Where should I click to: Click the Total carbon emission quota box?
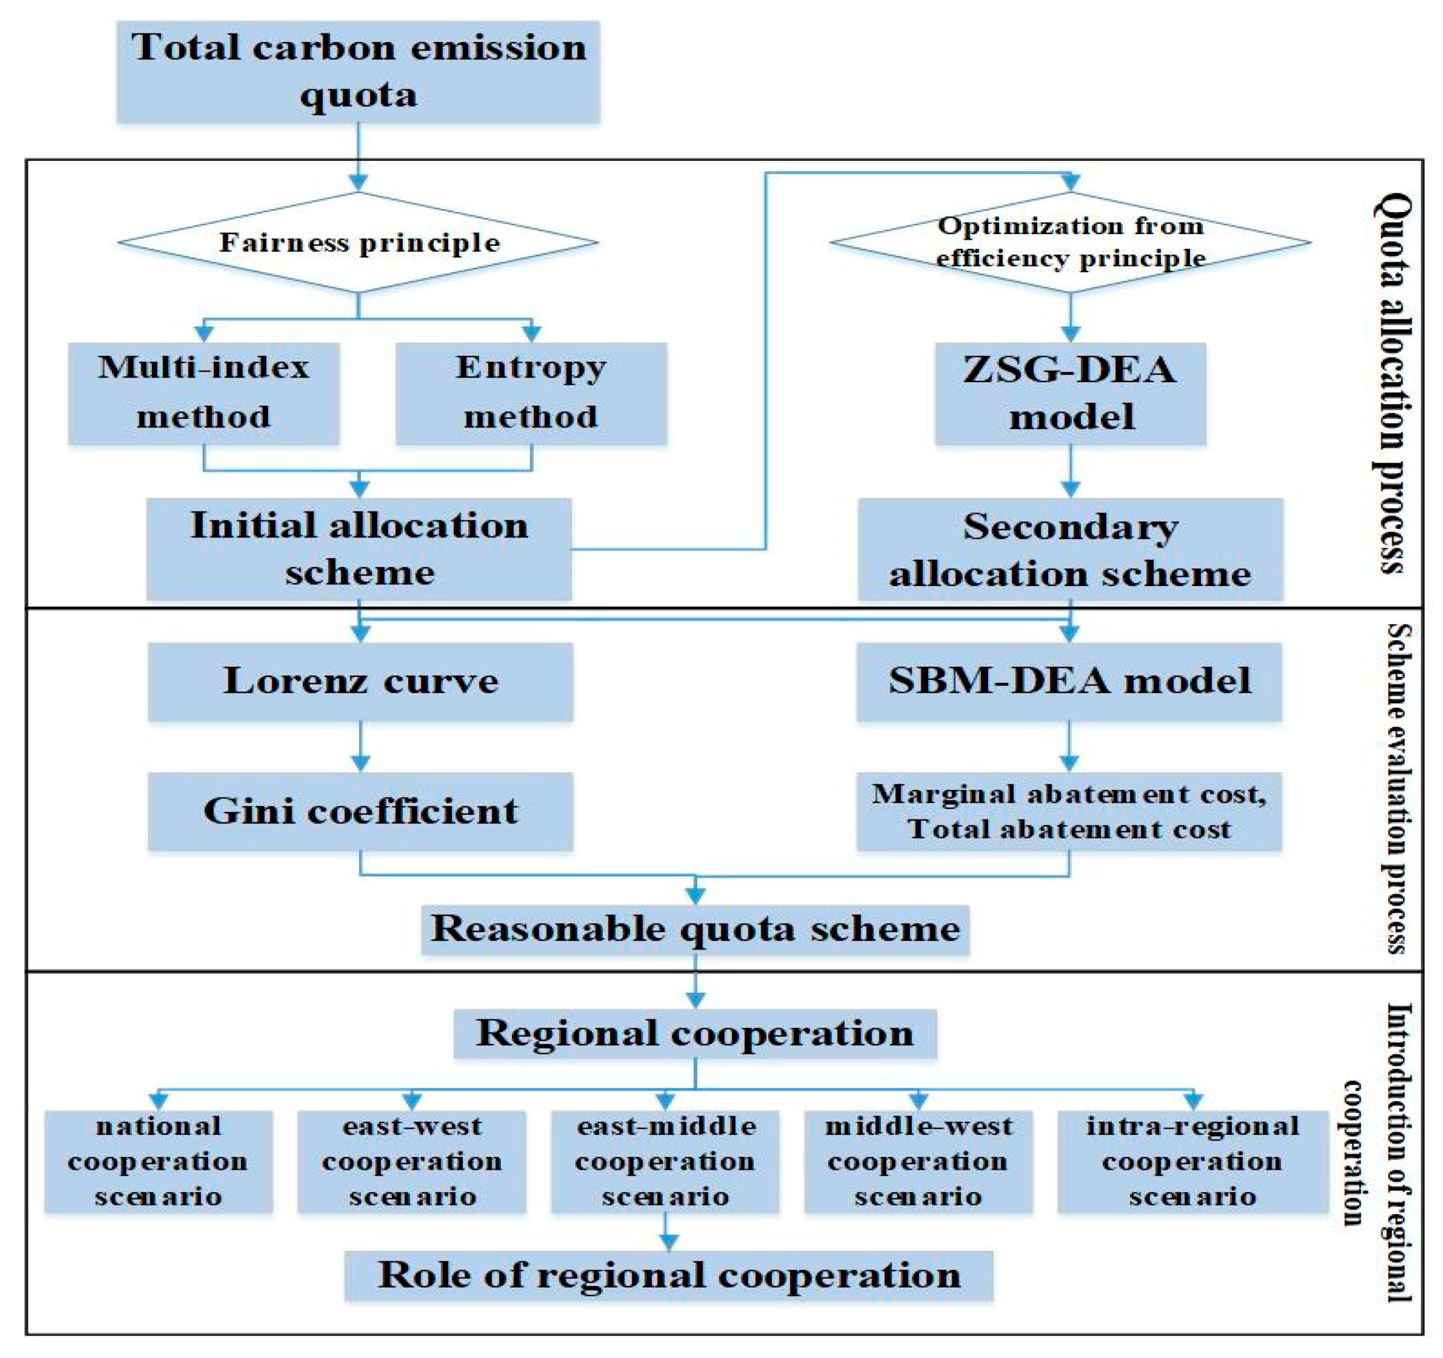click(x=358, y=71)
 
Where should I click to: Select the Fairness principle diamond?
click(x=358, y=242)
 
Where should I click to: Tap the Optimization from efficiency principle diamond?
click(x=1070, y=242)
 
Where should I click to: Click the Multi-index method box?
click(x=204, y=393)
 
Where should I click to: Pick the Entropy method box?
click(x=531, y=393)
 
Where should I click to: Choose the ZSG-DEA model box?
click(x=1070, y=393)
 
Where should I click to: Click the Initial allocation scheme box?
click(x=359, y=549)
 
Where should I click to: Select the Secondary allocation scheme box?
click(x=1070, y=549)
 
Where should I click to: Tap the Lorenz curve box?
click(x=360, y=681)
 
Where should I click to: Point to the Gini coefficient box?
click(x=360, y=810)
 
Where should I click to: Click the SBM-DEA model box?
click(x=1069, y=681)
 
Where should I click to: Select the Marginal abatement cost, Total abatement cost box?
click(x=1069, y=810)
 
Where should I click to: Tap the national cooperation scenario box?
click(x=158, y=1162)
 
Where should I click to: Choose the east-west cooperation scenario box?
click(x=412, y=1162)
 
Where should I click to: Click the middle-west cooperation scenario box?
click(x=918, y=1162)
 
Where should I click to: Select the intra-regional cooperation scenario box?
click(x=1192, y=1162)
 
